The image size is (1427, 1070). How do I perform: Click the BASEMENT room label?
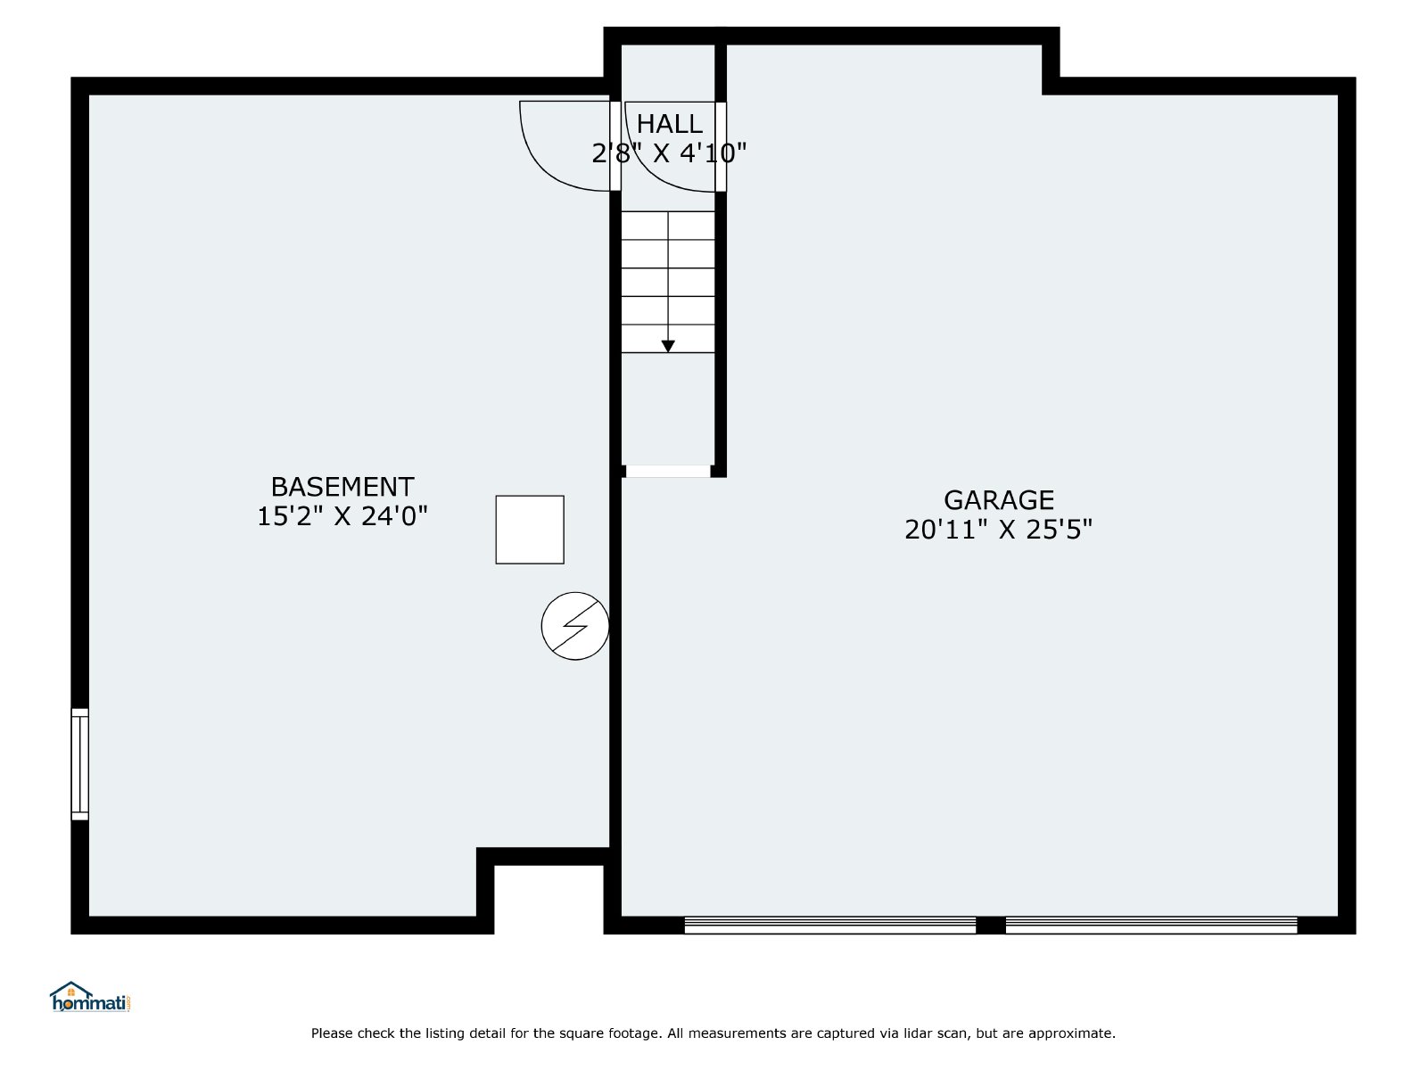tap(342, 487)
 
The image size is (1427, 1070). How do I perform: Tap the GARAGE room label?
tap(999, 499)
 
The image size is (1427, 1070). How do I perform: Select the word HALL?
tap(669, 123)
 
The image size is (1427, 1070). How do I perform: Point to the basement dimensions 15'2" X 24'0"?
tap(342, 516)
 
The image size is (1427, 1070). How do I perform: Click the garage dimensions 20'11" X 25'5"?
tap(999, 530)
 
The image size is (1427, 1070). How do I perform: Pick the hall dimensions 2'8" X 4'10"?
tap(669, 153)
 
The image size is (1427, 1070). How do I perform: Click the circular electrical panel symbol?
tap(575, 626)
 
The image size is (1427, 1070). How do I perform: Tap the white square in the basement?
tap(530, 530)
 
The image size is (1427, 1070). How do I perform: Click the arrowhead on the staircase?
tap(668, 346)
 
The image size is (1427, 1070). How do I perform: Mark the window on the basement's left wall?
tap(79, 764)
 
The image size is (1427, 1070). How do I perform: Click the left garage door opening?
tap(830, 926)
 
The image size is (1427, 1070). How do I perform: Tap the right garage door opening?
tap(1151, 926)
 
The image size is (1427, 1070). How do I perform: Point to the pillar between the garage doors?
tap(991, 926)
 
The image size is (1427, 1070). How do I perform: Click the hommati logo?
tap(91, 997)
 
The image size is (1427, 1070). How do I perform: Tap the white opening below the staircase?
tap(668, 471)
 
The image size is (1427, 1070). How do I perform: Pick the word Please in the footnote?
tap(332, 1033)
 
